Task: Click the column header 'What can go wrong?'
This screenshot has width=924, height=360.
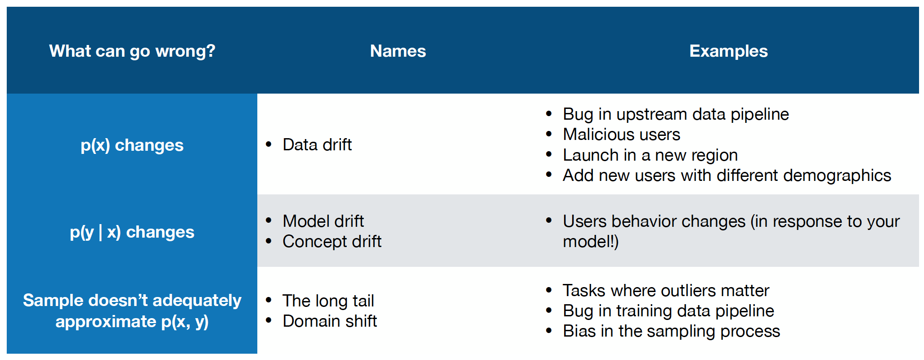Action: click(132, 51)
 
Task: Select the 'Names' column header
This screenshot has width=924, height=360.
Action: click(398, 51)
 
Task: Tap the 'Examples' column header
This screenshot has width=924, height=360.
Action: click(729, 51)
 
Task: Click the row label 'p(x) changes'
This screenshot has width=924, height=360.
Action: click(132, 145)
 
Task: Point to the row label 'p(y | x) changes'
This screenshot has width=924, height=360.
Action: click(132, 232)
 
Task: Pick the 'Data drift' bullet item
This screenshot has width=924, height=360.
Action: click(317, 145)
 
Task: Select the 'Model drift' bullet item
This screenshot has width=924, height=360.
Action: click(323, 221)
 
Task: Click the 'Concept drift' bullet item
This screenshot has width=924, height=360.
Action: click(332, 242)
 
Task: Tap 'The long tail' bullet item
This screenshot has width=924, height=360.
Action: click(328, 301)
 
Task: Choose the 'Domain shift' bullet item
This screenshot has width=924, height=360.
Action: click(330, 321)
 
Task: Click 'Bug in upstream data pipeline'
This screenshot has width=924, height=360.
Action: click(676, 114)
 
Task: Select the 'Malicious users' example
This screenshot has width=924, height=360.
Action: click(621, 135)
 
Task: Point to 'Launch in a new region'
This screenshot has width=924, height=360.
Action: click(650, 155)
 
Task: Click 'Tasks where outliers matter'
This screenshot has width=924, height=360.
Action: click(666, 291)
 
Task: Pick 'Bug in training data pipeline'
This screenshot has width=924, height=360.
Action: click(668, 311)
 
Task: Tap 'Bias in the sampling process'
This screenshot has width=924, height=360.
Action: click(671, 331)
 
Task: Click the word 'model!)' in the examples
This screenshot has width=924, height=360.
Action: click(591, 242)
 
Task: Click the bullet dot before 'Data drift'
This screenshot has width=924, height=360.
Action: click(269, 144)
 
